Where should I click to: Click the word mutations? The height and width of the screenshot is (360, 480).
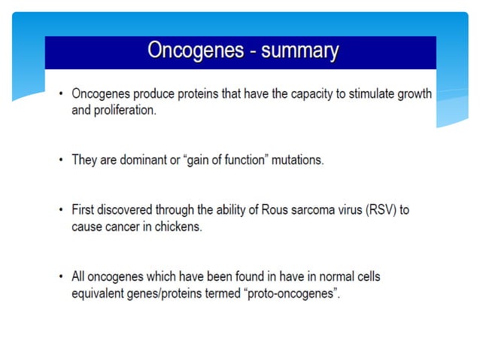coord(296,160)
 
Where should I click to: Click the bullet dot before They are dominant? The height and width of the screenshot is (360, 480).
coord(61,160)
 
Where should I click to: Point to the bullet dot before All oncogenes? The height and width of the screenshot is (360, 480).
coord(61,277)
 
